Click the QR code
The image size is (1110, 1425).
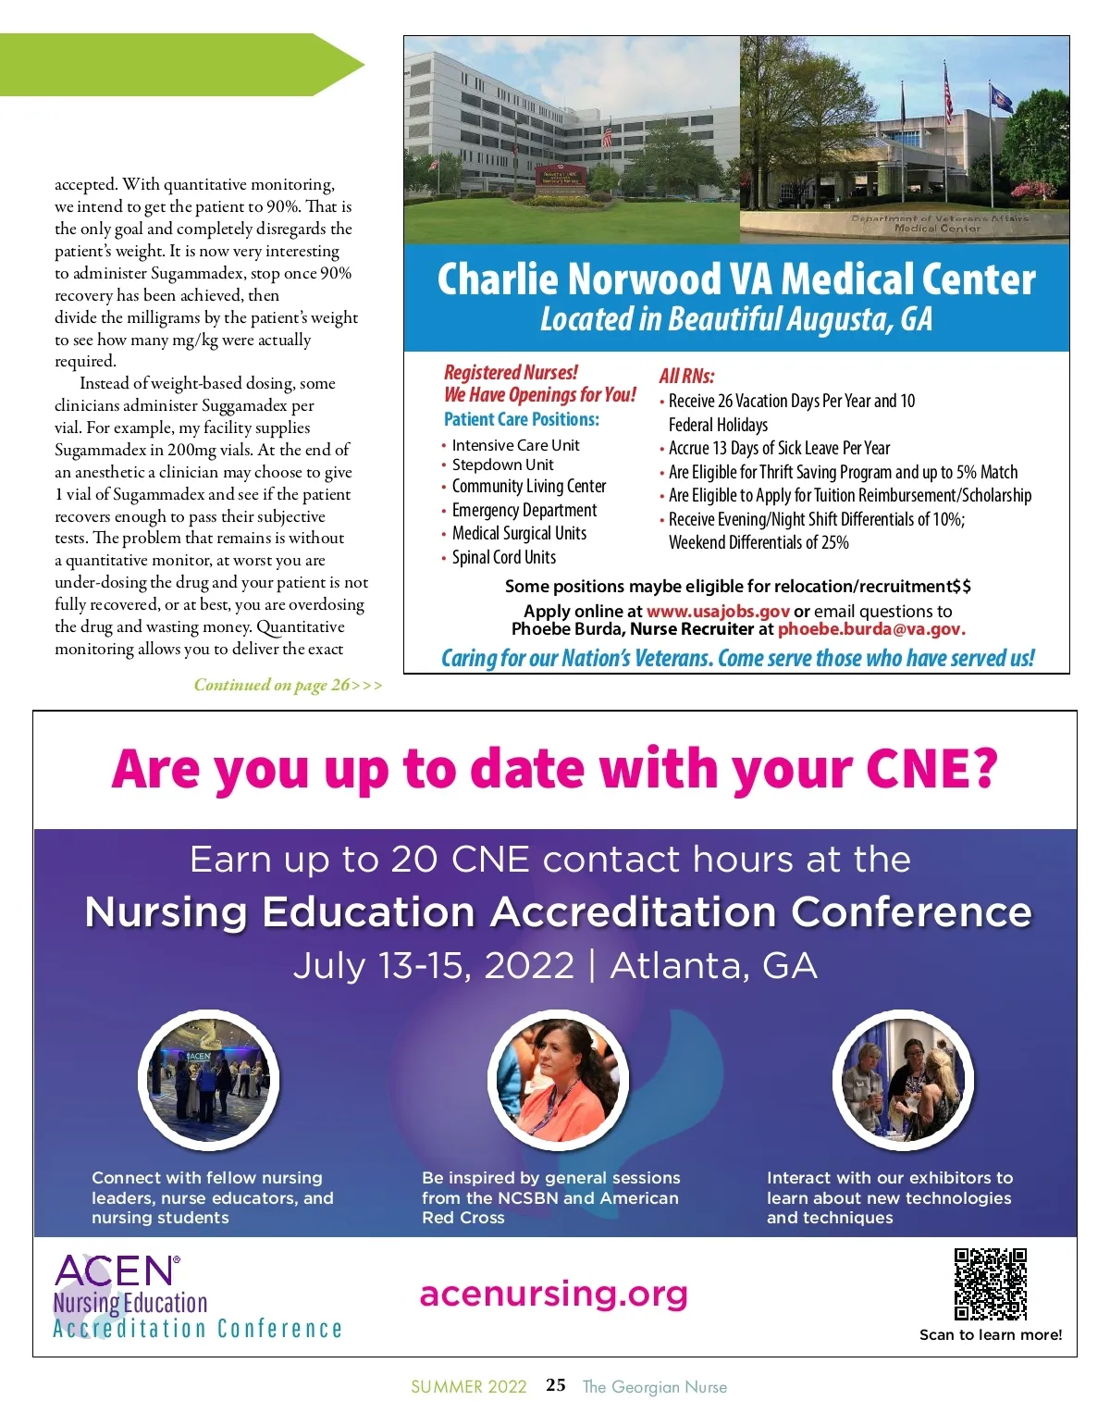point(991,1283)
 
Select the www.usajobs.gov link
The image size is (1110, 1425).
point(718,611)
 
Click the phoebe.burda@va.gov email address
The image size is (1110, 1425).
point(871,629)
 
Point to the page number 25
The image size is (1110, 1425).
point(556,1385)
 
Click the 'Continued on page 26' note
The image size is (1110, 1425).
point(287,685)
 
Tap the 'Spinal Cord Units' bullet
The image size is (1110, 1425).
point(503,557)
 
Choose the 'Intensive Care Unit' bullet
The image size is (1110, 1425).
point(515,445)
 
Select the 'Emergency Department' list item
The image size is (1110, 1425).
point(524,510)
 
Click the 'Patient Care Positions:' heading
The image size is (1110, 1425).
point(522,419)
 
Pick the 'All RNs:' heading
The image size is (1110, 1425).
point(686,376)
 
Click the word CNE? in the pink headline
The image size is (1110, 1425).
point(931,769)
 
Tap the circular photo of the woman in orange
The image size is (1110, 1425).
point(558,1080)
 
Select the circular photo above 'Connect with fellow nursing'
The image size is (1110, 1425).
point(208,1080)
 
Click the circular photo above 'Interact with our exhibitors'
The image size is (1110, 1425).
point(904,1080)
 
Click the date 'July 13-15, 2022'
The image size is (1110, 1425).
point(434,965)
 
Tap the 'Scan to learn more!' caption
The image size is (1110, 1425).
point(991,1334)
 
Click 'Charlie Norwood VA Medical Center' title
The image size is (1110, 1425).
point(736,279)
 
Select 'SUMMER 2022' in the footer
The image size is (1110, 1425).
point(469,1386)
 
